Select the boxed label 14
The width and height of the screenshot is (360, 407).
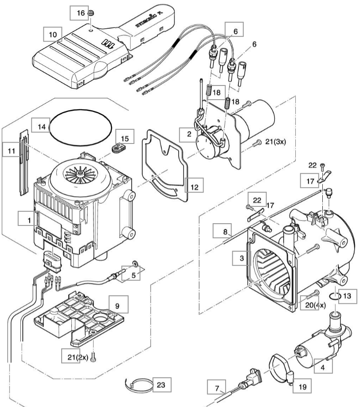(x=42, y=126)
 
